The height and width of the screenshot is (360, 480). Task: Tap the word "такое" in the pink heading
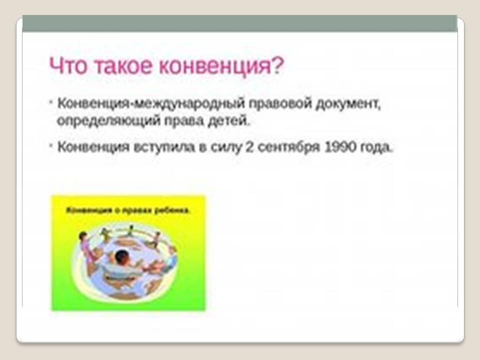123,66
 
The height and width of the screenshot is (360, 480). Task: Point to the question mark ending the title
278,65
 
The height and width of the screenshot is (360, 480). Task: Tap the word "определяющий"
108,121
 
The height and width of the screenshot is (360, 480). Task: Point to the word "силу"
226,147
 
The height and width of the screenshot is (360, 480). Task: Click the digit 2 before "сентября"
250,147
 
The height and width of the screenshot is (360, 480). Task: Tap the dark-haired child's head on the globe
121,257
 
